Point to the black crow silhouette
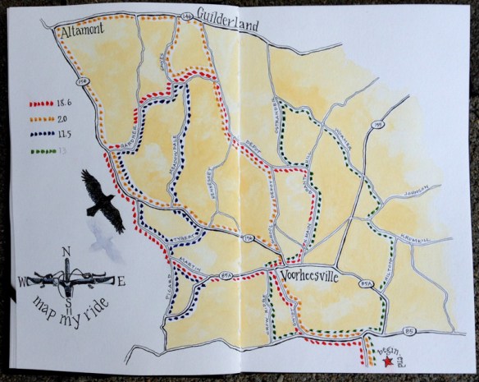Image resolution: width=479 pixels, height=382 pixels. pos(103,202)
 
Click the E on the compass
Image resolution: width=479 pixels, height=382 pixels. pos(121,283)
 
